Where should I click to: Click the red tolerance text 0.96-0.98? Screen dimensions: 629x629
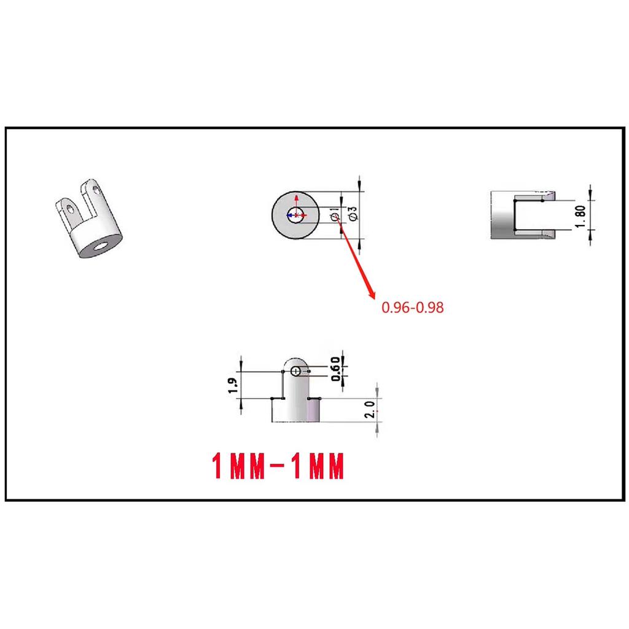coord(412,308)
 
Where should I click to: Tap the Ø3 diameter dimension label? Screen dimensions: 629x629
coord(353,214)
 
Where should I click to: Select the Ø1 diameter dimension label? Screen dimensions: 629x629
coord(335,214)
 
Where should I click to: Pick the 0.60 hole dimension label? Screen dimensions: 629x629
coord(335,369)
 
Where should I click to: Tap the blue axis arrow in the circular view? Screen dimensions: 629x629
coord(289,215)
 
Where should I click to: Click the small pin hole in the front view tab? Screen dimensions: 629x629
coord(297,370)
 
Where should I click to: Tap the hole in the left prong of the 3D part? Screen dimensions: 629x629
coord(72,211)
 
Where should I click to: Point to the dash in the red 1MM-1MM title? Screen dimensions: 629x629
coord(276,467)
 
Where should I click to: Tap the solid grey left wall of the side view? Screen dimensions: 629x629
coord(501,215)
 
